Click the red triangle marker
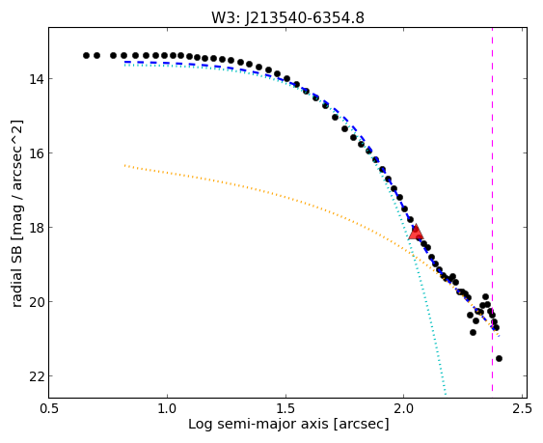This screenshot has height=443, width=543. coord(416,232)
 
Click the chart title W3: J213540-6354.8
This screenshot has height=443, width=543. coord(287,17)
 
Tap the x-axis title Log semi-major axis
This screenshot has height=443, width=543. coord(288,424)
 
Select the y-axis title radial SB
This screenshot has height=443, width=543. coord(16,214)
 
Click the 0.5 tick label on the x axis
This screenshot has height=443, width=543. coord(49,408)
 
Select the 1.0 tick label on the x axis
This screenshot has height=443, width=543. coord(167,408)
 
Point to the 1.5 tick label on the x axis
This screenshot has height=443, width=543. coord(285,408)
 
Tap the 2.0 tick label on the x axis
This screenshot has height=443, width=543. coord(404,408)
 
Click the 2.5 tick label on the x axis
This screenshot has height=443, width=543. coord(522,408)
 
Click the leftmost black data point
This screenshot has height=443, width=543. coord(86,55)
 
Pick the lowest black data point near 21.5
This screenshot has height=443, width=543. coord(499,358)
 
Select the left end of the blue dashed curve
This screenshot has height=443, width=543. coord(125,62)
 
